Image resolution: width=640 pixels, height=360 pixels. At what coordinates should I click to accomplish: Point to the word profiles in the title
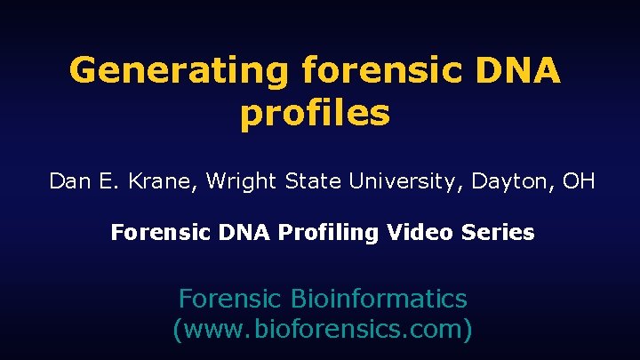pos(315,114)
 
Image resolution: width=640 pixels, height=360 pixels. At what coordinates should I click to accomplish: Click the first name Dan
pos(68,182)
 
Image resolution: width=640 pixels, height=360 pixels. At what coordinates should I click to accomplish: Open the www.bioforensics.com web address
pos(321,330)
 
